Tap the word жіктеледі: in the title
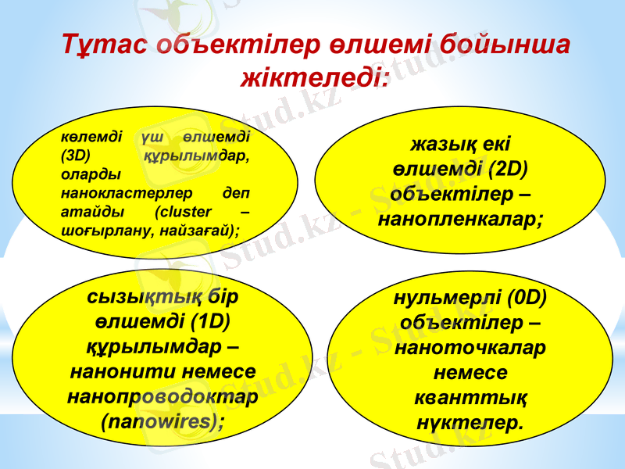point(315,77)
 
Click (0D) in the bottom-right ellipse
point(523,297)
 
